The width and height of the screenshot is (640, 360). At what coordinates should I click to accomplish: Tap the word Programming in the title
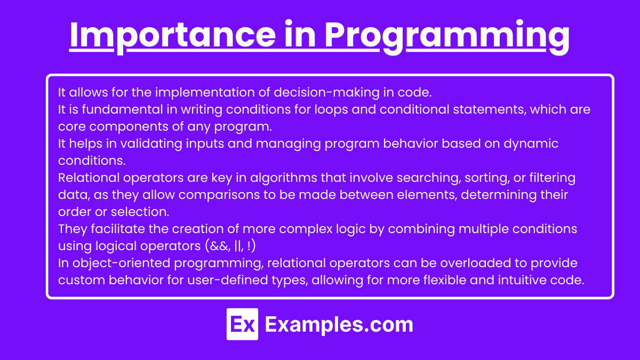pos(447,36)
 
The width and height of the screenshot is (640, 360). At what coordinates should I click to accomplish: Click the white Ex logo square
pos(242,324)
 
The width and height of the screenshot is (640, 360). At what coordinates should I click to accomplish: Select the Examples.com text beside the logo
pos(339,325)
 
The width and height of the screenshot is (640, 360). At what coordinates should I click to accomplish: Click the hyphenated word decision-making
pos(326,93)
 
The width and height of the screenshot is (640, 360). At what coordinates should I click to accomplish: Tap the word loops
pos(331,110)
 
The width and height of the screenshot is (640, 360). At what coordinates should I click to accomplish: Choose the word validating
pos(151,143)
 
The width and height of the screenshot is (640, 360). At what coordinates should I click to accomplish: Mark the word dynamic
pos(531,143)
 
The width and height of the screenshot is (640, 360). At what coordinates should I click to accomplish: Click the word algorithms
pos(284,178)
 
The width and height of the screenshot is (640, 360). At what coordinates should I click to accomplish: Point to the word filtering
pos(553,178)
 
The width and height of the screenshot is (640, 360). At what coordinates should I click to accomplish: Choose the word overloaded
pos(475,263)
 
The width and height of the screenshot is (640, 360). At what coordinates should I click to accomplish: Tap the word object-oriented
pos(122,263)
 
